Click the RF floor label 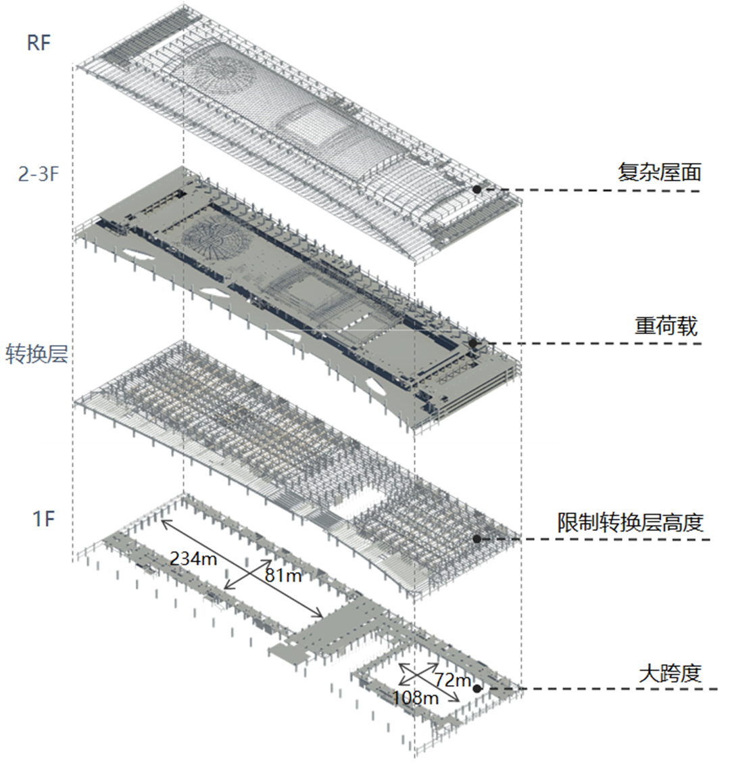tap(39, 43)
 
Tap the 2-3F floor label tap(39, 175)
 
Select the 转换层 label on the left tap(36, 354)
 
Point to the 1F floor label tap(43, 519)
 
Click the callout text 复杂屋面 tap(659, 172)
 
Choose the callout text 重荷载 tap(666, 327)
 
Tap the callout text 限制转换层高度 tap(630, 522)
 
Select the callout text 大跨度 tap(670, 673)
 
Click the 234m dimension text tap(193, 559)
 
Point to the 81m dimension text tap(283, 575)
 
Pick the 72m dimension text tap(452, 678)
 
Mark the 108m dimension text tap(415, 697)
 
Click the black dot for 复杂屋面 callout tap(477, 190)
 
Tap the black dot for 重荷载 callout tap(473, 344)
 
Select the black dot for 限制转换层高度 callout tap(477, 539)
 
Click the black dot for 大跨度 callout tap(477, 689)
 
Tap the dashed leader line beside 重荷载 tap(595, 344)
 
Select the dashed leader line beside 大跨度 tap(602, 689)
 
